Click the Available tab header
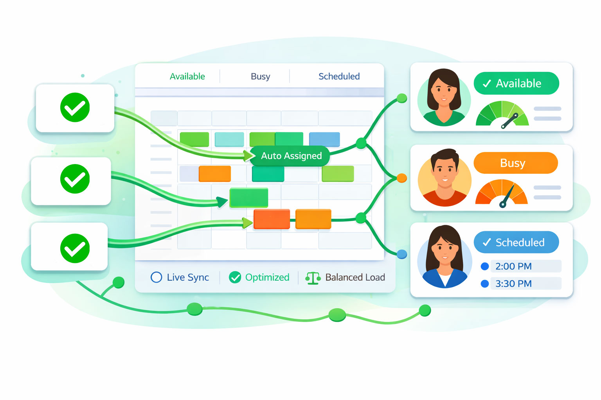coord(187,77)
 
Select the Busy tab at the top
coord(260,77)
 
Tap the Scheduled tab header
coord(339,77)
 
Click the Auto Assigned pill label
coord(291,156)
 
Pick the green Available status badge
coord(516,83)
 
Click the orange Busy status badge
coord(515,163)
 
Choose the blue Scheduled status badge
coord(516,242)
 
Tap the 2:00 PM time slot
coord(513,266)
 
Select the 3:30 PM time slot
coord(513,284)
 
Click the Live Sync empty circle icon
coord(156,277)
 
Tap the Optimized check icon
coord(235,277)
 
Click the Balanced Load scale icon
coord(313,278)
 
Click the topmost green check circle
coord(75,107)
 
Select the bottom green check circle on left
coord(75,248)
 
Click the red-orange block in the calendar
coord(272,219)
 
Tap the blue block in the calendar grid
coord(324,139)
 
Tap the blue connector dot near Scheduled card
coord(402,254)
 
